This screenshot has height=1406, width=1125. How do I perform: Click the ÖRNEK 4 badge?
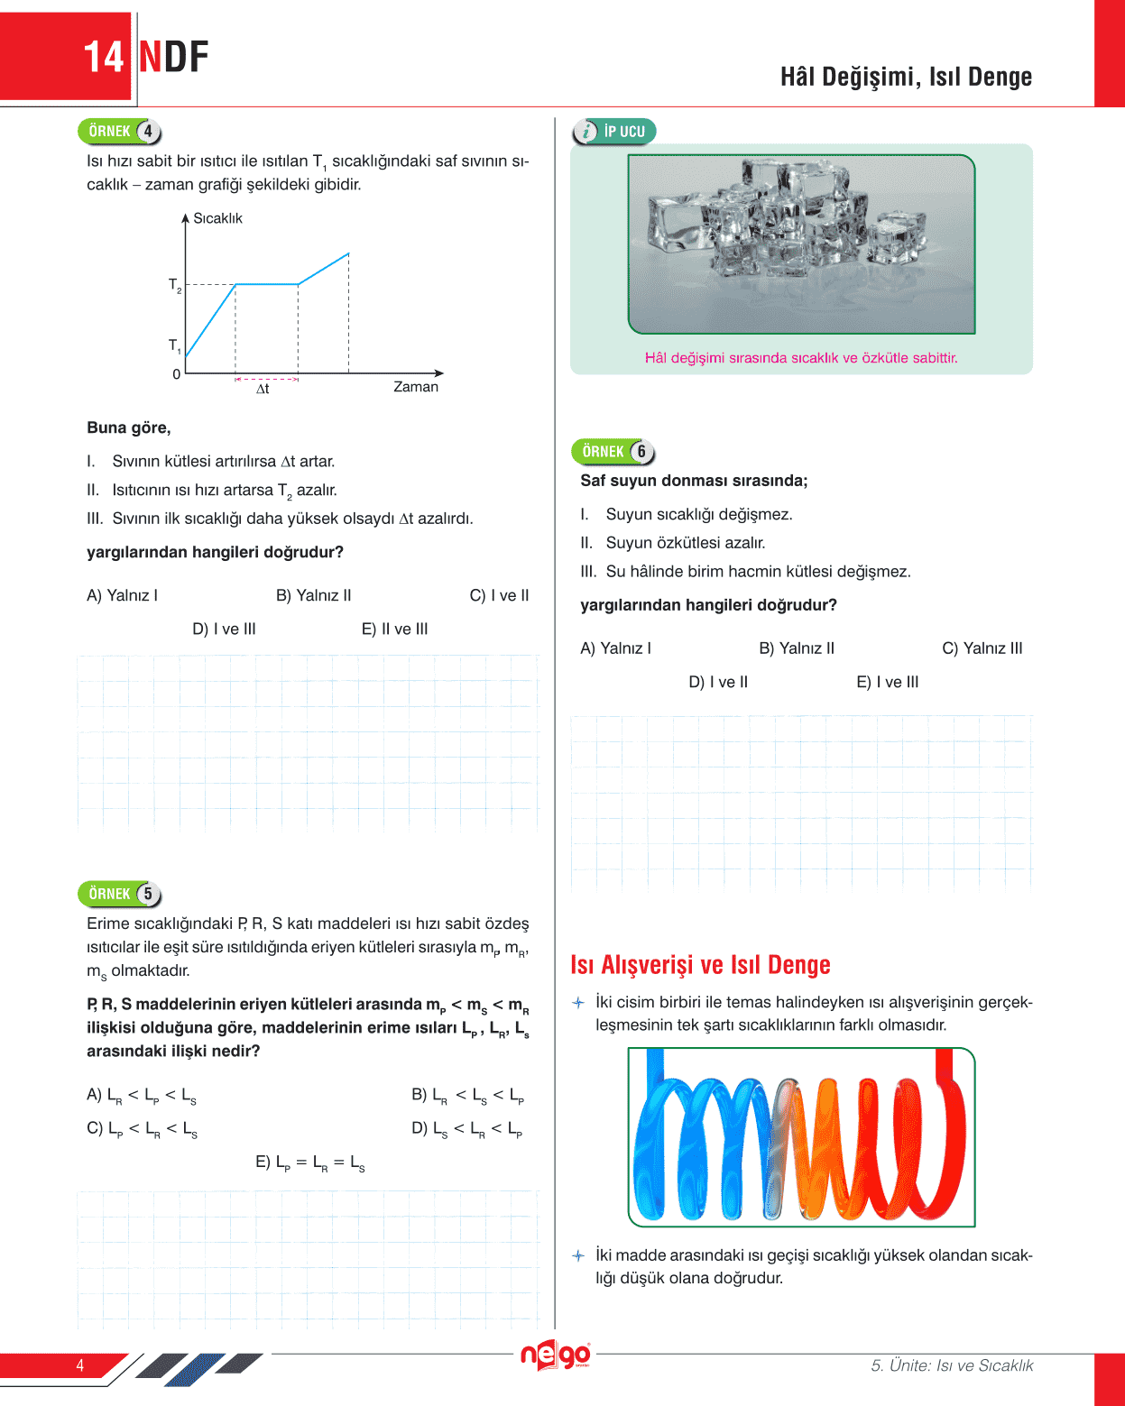tap(120, 132)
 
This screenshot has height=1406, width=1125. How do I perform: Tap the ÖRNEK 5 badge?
tap(120, 894)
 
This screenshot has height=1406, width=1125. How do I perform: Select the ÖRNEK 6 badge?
tap(613, 452)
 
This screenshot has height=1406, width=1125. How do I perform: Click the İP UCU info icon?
tap(586, 132)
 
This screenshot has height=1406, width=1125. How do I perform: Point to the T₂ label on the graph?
tap(175, 286)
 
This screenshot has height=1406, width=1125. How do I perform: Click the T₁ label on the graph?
tap(175, 345)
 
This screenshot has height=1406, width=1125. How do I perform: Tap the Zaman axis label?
tap(416, 387)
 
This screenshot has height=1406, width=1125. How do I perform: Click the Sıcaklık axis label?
tap(217, 218)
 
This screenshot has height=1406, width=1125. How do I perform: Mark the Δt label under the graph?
tap(263, 389)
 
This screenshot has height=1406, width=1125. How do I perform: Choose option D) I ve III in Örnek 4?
tap(224, 629)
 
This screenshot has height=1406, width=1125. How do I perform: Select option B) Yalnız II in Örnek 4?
tap(313, 595)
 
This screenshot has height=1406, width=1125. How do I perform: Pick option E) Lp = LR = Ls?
tap(310, 1162)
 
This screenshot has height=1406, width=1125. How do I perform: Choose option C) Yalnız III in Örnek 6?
tap(982, 648)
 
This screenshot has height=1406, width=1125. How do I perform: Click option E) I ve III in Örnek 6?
tap(887, 683)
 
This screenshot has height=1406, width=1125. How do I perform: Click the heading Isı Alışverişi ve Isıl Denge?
tap(700, 965)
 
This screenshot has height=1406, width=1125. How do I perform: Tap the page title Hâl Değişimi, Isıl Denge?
tap(906, 78)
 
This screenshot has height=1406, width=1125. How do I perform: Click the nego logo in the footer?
tap(556, 1355)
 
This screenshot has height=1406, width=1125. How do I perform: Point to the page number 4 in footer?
tap(80, 1365)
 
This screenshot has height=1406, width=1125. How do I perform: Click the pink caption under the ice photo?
tap(801, 358)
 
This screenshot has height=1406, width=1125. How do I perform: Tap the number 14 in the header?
tap(104, 58)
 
